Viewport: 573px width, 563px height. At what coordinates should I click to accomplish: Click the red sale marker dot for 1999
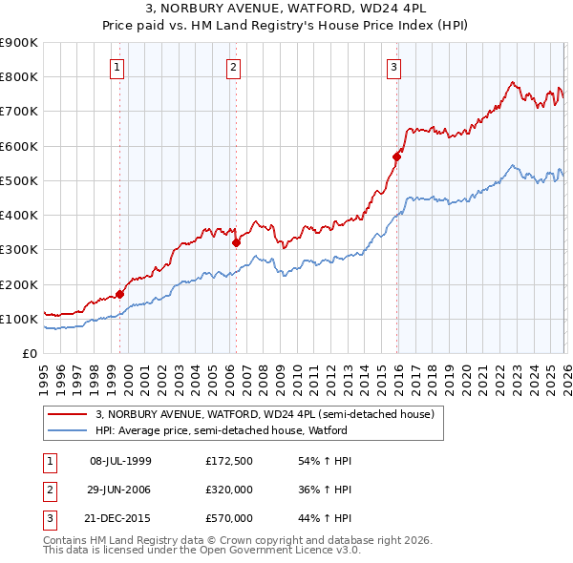[x=120, y=294]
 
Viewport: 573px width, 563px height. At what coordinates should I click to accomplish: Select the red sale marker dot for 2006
[x=237, y=242]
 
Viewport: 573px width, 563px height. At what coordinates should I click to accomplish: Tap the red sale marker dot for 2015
[x=396, y=156]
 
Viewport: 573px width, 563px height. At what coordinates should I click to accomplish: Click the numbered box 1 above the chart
[x=117, y=67]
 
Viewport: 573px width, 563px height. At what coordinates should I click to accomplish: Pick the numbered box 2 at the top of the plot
[x=233, y=67]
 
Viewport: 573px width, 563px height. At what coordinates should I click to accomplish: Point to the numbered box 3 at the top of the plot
[x=393, y=67]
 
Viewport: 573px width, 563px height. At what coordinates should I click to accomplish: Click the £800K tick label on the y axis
[x=19, y=77]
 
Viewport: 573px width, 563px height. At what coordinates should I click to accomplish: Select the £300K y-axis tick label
[x=19, y=250]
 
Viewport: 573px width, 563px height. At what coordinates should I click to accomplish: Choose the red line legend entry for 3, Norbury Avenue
[x=265, y=414]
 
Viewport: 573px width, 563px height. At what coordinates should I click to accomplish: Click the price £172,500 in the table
[x=229, y=461]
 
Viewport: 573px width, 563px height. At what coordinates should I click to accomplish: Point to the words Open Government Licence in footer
[x=269, y=551]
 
